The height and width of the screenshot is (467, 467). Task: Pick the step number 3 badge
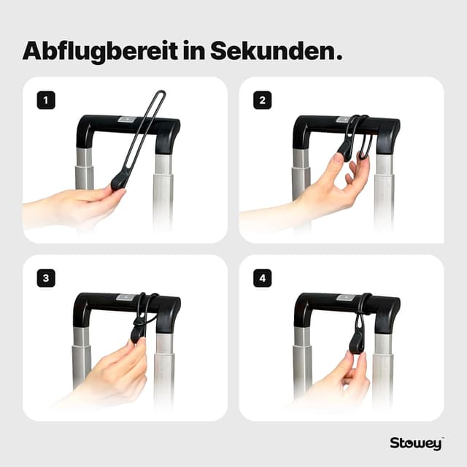[46, 278]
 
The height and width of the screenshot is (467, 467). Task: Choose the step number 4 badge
[262, 278]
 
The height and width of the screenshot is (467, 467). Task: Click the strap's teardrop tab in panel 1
[120, 178]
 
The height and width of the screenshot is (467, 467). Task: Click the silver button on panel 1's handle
[127, 119]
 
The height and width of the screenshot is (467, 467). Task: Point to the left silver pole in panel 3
[82, 358]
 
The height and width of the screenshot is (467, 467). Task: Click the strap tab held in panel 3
[137, 333]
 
